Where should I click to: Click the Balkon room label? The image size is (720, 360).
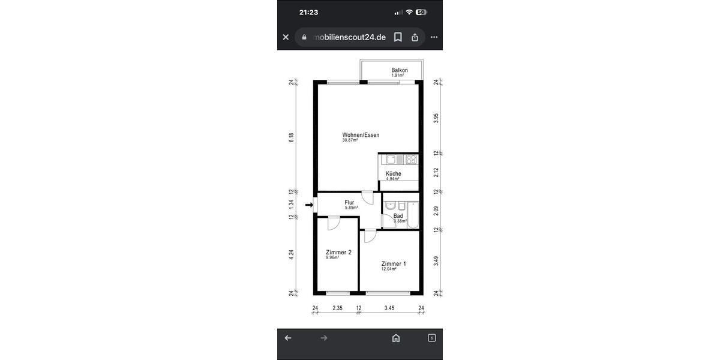[x=400, y=70]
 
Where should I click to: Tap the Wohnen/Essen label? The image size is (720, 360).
[x=361, y=135]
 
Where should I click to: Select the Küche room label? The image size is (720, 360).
[x=394, y=174]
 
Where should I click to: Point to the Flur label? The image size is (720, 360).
[x=349, y=203]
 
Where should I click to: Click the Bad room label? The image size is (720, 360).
[x=398, y=216]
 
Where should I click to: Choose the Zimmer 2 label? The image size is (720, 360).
[x=338, y=253]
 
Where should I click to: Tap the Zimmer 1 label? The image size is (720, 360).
[x=394, y=264]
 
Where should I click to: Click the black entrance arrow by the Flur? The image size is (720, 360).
[x=309, y=205]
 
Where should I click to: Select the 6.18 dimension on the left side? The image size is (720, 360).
[x=292, y=137]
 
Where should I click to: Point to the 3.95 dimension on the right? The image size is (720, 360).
[x=436, y=118]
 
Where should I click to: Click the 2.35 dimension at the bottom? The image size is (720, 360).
[x=337, y=308]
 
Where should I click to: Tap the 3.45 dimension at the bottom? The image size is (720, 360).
[x=389, y=308]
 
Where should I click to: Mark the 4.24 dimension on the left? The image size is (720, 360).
[x=292, y=254]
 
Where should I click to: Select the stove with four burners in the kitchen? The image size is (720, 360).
[x=411, y=160]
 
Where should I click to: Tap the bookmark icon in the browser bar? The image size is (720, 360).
[x=397, y=37]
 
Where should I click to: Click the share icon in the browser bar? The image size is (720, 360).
[x=415, y=37]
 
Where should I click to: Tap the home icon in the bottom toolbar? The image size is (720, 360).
[x=396, y=338]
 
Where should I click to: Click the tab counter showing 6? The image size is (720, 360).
[x=431, y=338]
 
